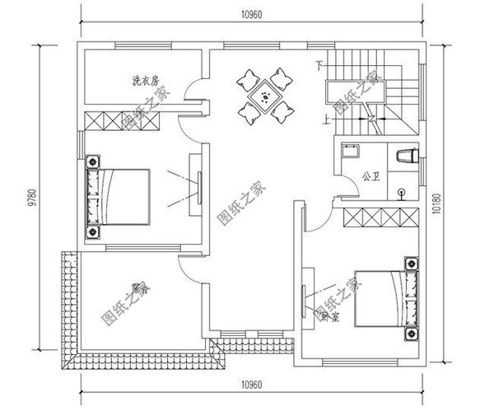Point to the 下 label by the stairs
pos(318,64)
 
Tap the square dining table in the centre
pos(265,98)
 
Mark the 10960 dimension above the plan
pos(252,14)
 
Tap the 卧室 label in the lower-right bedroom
pos(329,316)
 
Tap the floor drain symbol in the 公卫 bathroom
pos(402,194)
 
